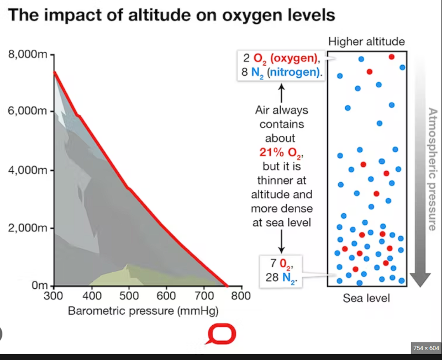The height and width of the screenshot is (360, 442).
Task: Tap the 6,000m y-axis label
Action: [29, 112]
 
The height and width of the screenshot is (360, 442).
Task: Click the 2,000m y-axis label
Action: [29, 228]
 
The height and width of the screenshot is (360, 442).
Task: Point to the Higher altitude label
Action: [366, 41]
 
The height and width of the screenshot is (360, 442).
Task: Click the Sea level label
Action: [366, 299]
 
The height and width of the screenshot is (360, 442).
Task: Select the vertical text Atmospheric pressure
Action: [433, 168]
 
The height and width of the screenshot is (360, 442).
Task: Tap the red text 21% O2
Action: [281, 152]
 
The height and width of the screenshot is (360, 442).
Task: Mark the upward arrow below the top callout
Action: [281, 91]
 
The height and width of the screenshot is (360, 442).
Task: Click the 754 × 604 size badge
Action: [425, 347]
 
